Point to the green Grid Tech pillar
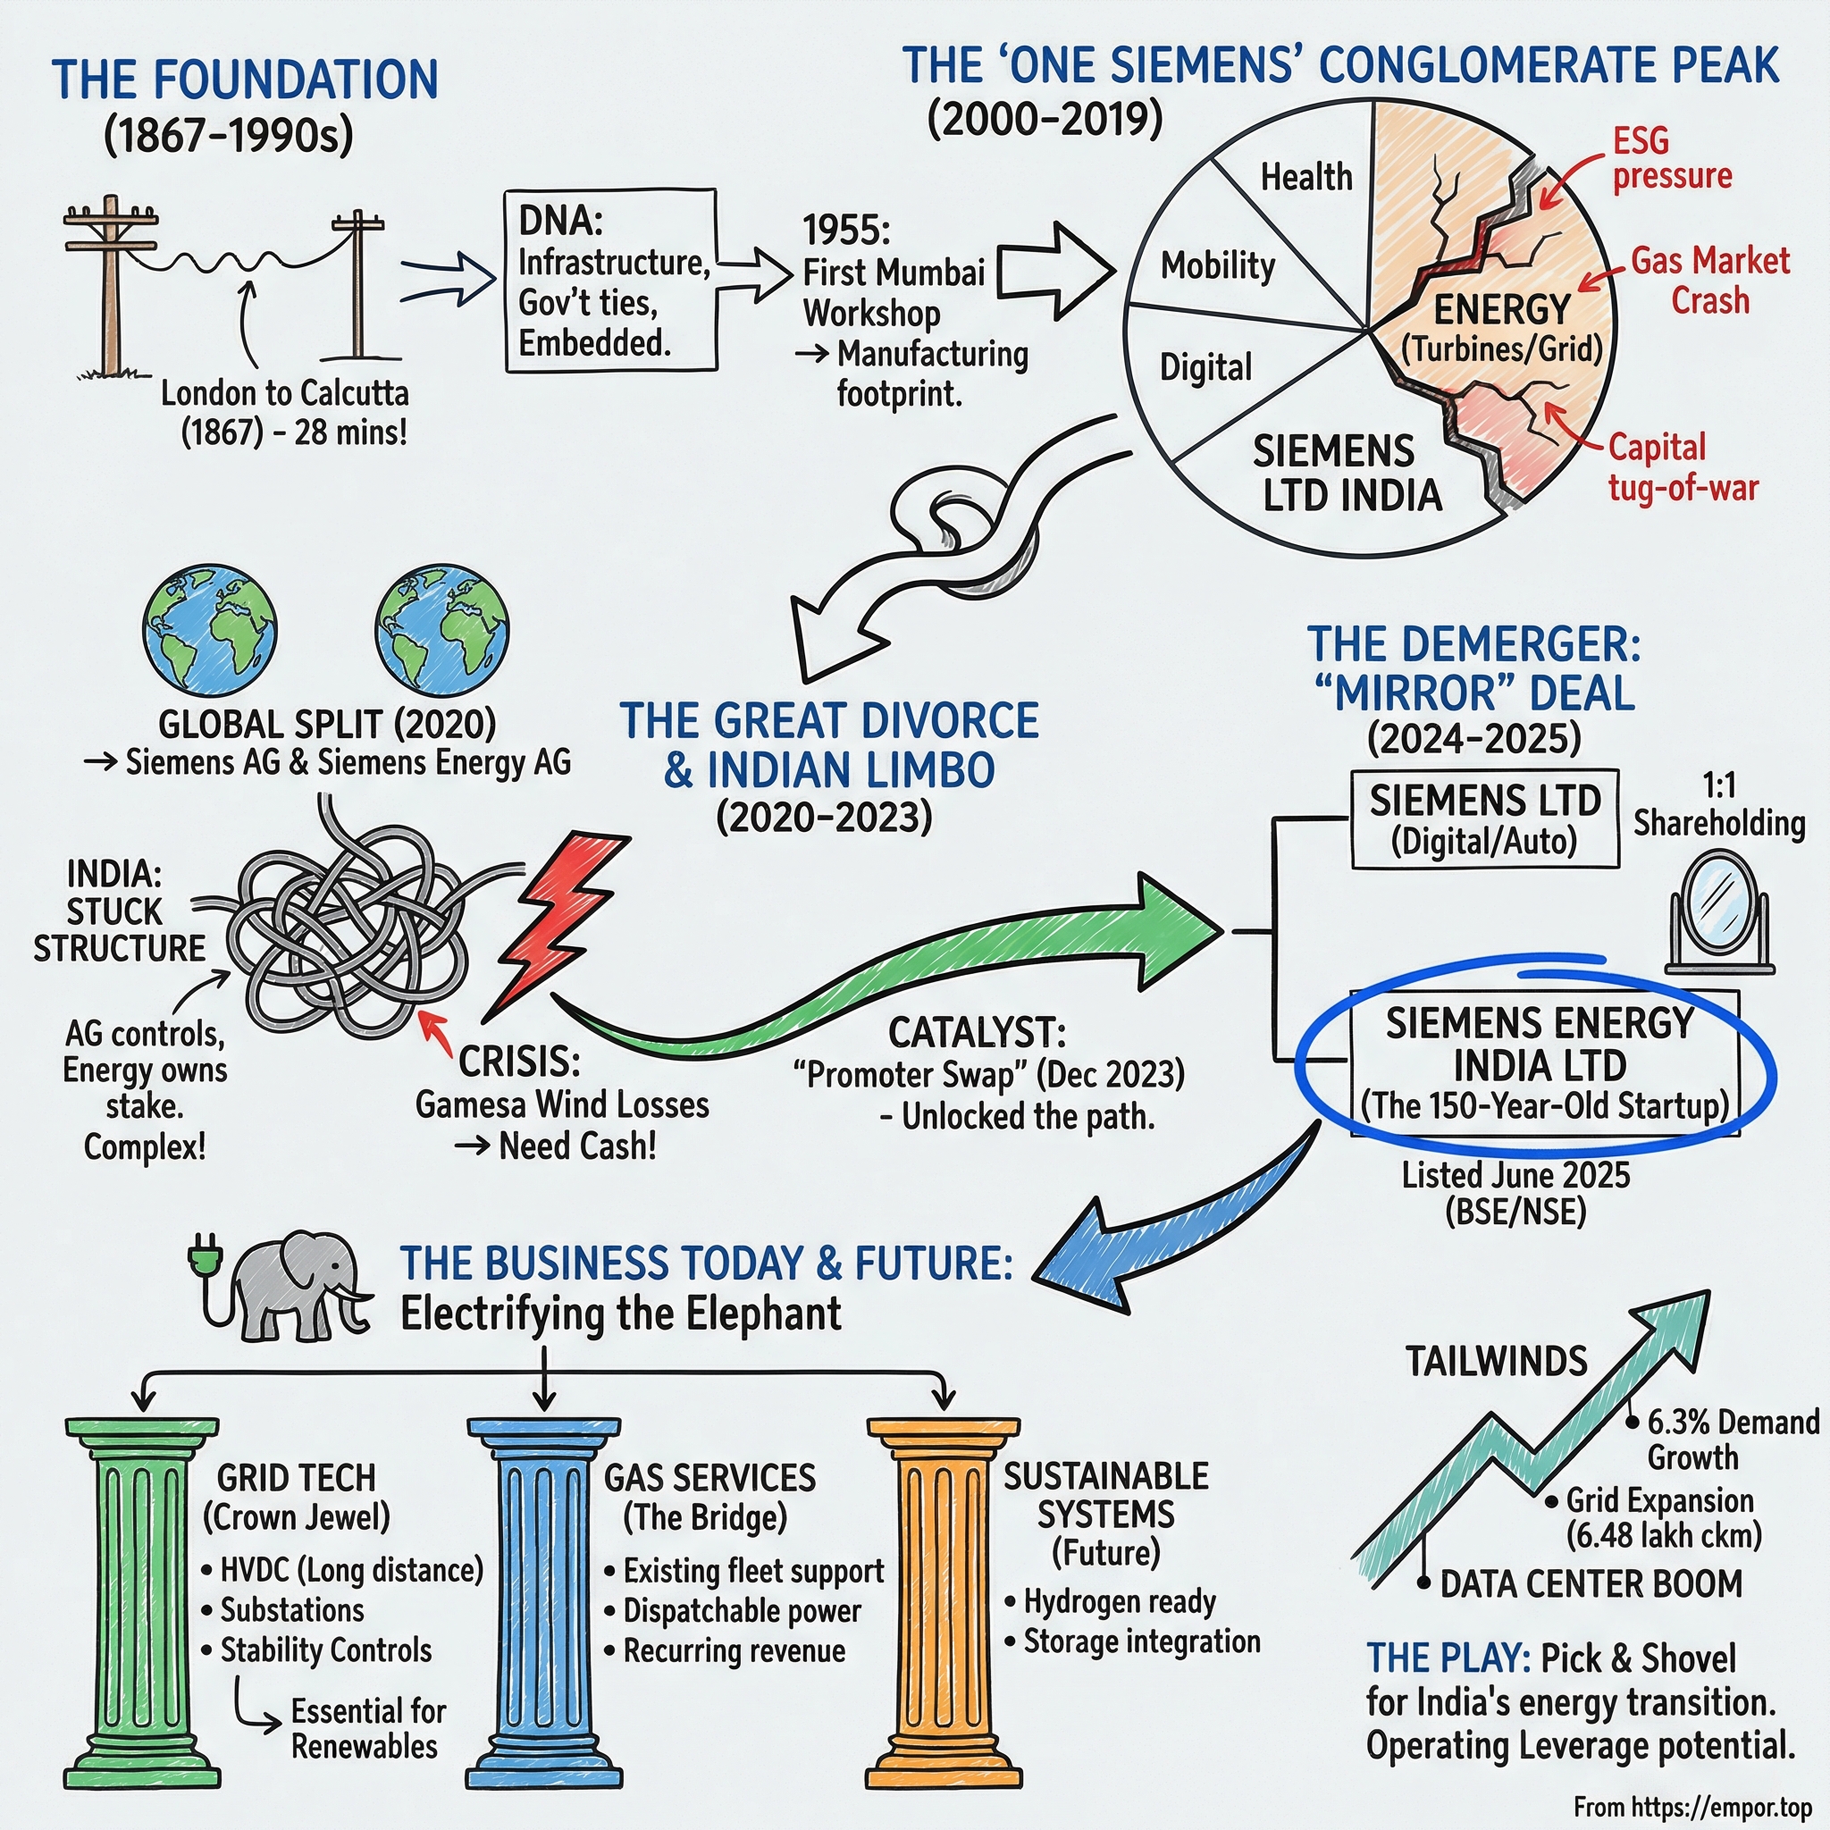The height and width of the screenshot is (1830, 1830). [x=141, y=1600]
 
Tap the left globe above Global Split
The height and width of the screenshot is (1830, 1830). [x=209, y=631]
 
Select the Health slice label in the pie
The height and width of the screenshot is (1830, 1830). [x=1305, y=177]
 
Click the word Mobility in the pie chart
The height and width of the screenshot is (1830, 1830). [x=1217, y=266]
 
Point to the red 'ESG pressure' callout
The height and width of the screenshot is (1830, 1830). [x=1672, y=158]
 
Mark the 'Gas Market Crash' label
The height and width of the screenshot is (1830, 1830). [x=1709, y=281]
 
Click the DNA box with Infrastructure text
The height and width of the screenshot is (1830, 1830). [x=610, y=281]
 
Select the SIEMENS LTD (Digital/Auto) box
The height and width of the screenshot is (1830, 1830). [x=1483, y=819]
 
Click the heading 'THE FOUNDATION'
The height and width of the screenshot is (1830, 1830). [x=244, y=80]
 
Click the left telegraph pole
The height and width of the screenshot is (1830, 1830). [x=112, y=284]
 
